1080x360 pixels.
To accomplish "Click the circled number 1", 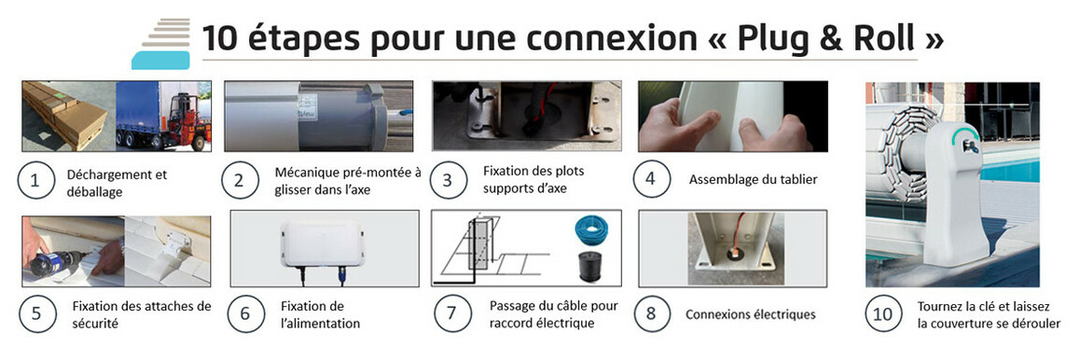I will click(35, 181).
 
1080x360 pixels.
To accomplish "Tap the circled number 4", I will click(652, 179).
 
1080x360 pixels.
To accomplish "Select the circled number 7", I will click(451, 313).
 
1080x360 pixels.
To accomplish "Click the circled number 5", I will click(36, 313).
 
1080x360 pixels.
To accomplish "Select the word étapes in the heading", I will click(303, 39).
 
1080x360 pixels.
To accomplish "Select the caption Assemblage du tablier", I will click(753, 180).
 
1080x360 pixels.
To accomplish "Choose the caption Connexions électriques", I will click(750, 314).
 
